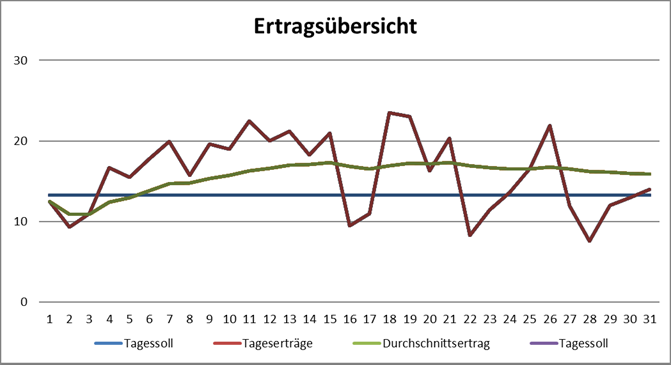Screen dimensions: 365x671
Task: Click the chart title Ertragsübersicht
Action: click(x=334, y=25)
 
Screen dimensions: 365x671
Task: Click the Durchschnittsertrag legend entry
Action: click(x=411, y=344)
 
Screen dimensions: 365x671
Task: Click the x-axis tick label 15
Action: click(x=330, y=318)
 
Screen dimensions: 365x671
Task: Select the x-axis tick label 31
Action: click(x=651, y=318)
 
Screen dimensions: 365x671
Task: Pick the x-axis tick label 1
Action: click(x=49, y=318)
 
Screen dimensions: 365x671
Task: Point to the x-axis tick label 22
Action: click(x=470, y=318)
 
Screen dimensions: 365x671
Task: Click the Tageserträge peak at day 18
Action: click(x=390, y=113)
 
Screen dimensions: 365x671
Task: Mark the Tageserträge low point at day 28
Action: click(x=591, y=241)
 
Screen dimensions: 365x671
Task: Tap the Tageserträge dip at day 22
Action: click(x=470, y=235)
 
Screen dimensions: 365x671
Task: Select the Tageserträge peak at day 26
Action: click(x=551, y=125)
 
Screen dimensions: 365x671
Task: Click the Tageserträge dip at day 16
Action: click(x=350, y=226)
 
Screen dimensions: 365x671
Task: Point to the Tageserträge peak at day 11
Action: click(x=249, y=121)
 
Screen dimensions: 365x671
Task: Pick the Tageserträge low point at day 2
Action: click(x=69, y=227)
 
